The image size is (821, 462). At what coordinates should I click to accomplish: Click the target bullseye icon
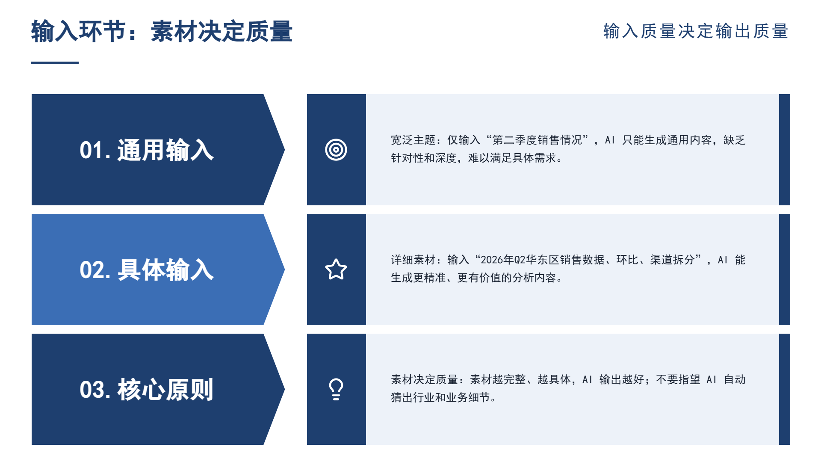(x=336, y=150)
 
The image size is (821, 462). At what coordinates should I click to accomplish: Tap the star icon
(x=336, y=269)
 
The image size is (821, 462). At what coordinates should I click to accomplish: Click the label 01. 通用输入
(x=147, y=150)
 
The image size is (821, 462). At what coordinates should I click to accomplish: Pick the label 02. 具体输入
(x=147, y=270)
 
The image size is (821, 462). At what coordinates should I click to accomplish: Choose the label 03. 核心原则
(x=147, y=390)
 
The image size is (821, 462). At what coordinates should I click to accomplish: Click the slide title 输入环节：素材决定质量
(x=162, y=31)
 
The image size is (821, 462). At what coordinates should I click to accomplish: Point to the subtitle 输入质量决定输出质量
(x=696, y=31)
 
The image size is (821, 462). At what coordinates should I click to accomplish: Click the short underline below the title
(x=55, y=63)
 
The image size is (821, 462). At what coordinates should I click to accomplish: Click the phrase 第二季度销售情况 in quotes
(x=537, y=140)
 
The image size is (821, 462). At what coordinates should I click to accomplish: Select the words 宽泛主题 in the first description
(x=413, y=140)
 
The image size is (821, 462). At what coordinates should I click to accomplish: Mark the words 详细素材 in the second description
(x=413, y=260)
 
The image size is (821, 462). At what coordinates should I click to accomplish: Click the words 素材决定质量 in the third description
(x=425, y=379)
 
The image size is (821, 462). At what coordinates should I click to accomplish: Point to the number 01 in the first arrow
(x=91, y=151)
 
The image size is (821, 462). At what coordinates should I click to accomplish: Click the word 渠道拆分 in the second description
(x=673, y=260)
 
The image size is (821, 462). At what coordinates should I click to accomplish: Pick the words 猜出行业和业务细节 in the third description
(x=440, y=397)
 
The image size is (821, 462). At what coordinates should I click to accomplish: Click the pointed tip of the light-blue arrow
(x=284, y=269)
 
